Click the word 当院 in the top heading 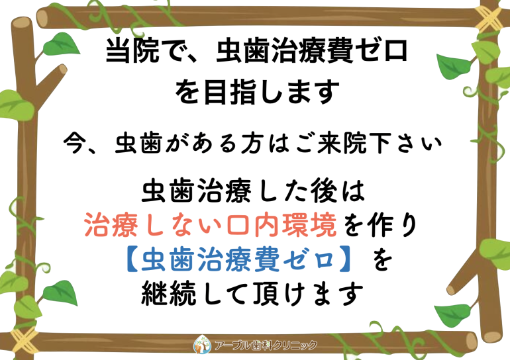click(132, 51)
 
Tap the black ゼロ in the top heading click(382, 50)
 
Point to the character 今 click(75, 143)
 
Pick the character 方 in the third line click(252, 143)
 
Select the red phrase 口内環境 click(281, 225)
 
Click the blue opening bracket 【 click(132, 259)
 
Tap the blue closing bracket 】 click(344, 259)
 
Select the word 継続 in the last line click(168, 294)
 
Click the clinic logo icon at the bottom click(202, 344)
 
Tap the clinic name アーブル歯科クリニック click(266, 345)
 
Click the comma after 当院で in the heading click(197, 59)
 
